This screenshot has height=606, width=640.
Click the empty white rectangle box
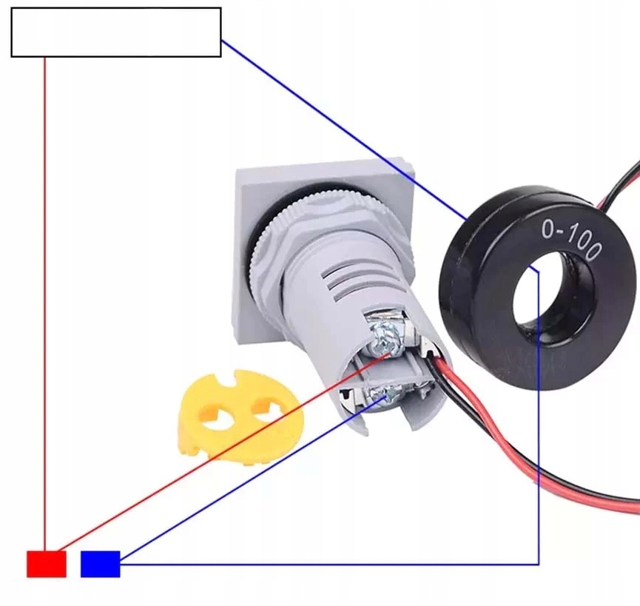(x=116, y=33)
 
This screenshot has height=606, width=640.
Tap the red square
(x=47, y=564)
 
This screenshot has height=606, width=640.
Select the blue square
(x=100, y=564)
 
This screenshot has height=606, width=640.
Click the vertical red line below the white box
(x=45, y=296)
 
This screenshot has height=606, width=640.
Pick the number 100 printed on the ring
(x=584, y=244)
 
